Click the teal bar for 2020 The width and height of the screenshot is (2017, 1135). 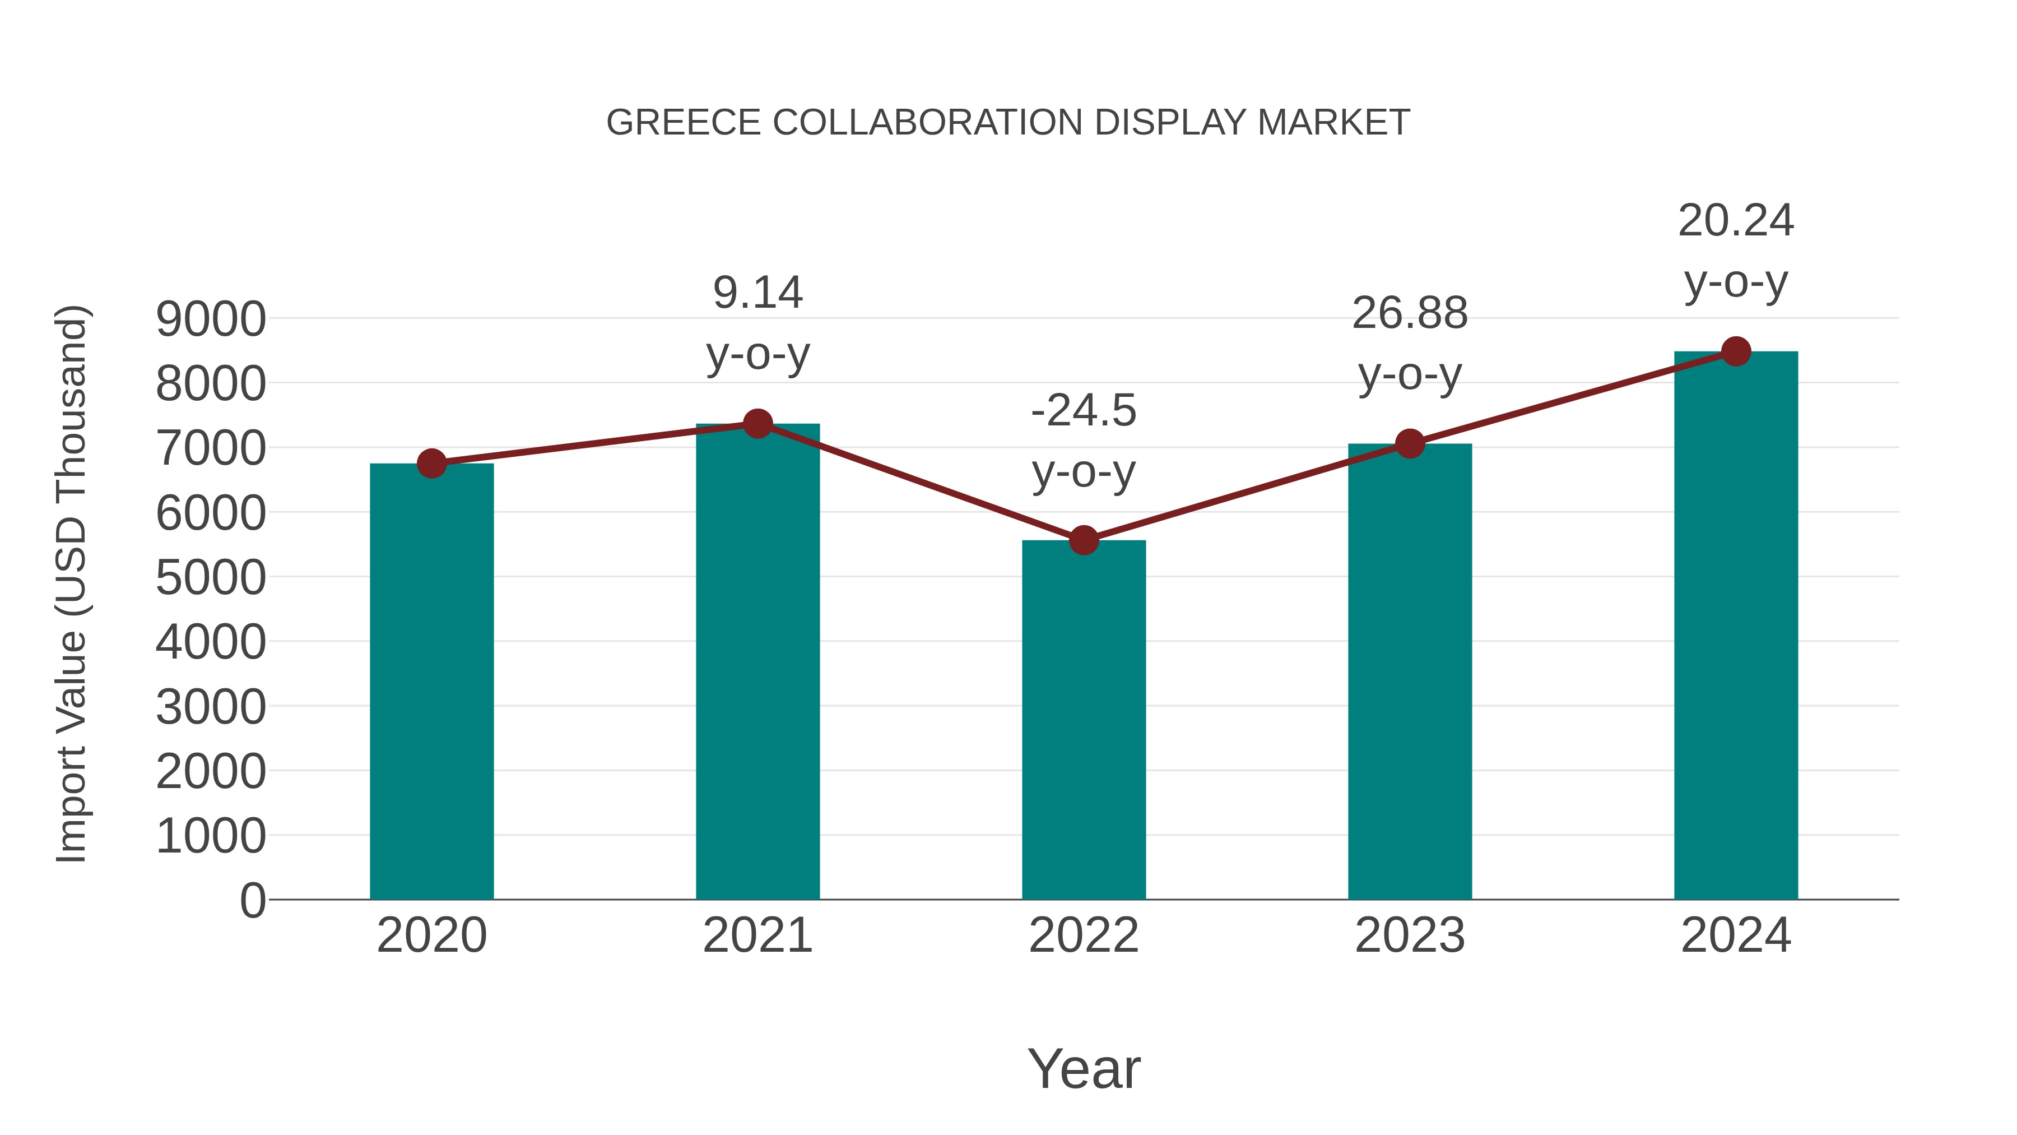(x=431, y=682)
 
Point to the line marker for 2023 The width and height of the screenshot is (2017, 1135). (x=1410, y=444)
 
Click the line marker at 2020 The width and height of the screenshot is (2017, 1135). (x=431, y=464)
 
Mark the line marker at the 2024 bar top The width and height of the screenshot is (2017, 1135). (x=1736, y=351)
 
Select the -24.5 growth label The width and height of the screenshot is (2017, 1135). (x=1084, y=441)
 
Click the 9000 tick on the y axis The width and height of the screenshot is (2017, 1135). (x=211, y=319)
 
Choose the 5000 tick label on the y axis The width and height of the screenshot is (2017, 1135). (x=211, y=578)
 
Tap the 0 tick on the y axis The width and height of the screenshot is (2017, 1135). (x=253, y=901)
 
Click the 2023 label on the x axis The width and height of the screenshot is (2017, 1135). (x=1410, y=935)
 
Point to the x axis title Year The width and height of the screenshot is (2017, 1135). (x=1084, y=1068)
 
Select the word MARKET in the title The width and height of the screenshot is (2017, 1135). (x=1333, y=123)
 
